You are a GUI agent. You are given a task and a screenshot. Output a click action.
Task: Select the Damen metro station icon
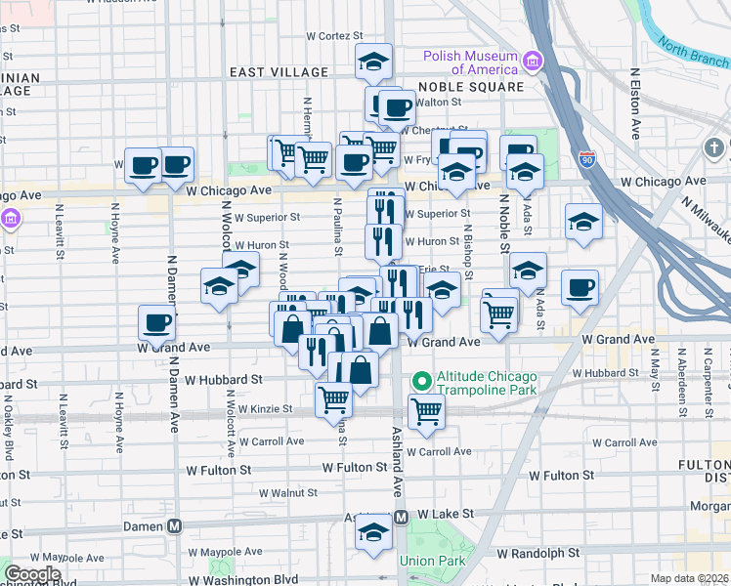pos(175,524)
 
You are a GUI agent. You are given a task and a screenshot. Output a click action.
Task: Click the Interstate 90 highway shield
pos(586,159)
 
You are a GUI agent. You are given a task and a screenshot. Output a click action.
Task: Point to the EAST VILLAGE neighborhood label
pos(279,72)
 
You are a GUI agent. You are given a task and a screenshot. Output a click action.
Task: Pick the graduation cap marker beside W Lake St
pos(372,532)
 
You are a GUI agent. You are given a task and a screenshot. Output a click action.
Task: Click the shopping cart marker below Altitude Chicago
pos(426,411)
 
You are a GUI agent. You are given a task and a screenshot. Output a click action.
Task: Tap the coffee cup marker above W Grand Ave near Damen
pos(156,322)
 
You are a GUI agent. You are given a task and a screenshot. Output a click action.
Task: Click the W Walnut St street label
pos(283,493)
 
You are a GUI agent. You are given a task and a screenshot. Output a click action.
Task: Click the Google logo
pos(32,574)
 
